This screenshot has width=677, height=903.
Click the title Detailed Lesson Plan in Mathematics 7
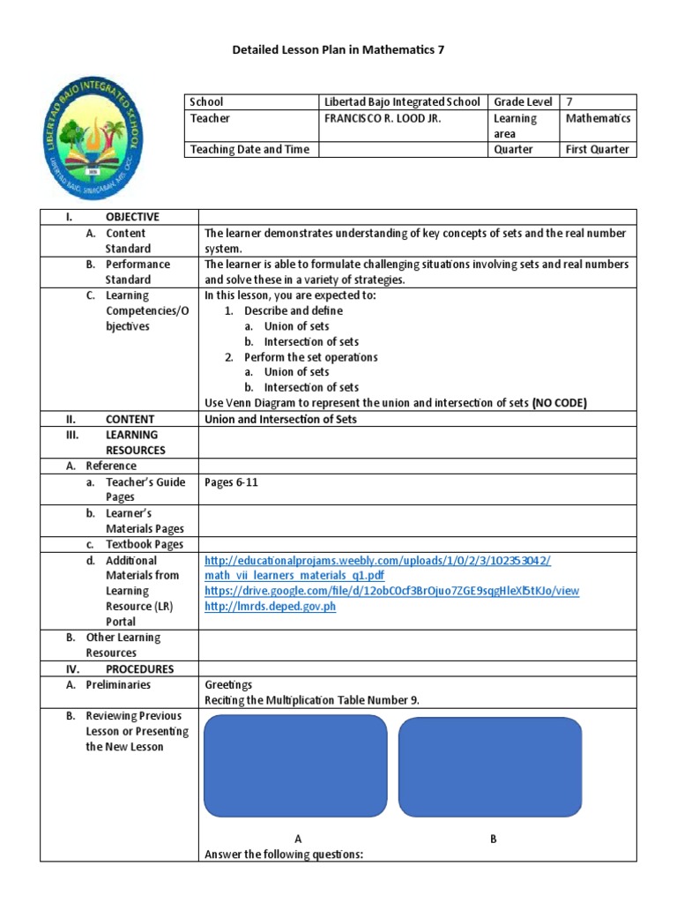338,50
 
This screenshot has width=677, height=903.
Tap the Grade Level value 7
569,102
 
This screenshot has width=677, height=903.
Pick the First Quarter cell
597,149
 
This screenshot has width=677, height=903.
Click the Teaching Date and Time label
249,149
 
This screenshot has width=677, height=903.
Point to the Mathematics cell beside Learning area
598,118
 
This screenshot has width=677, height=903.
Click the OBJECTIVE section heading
132,217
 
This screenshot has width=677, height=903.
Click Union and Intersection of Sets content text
280,419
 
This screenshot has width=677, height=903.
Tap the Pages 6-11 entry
231,482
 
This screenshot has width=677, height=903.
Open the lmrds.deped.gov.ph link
270,607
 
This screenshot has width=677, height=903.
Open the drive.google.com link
391,591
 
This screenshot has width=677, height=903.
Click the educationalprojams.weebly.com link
377,560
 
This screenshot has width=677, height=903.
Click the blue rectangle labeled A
295,766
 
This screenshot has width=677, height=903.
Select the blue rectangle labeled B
489,766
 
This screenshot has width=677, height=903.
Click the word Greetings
228,684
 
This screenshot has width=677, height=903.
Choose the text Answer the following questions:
283,854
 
